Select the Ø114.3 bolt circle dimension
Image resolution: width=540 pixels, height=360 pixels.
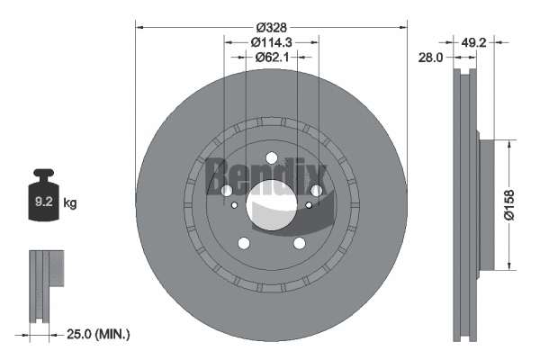271,41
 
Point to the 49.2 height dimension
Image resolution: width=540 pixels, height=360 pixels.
473,41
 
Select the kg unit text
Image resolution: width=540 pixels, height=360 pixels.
70,203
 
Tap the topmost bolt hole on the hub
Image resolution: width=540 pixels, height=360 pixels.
272,159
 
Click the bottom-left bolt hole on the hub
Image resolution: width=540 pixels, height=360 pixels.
243,243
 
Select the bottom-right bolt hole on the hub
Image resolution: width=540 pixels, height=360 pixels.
300,243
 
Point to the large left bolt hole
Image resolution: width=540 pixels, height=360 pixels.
226,190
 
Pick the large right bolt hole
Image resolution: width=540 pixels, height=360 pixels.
317,190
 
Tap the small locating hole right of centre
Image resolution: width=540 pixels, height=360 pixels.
310,206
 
